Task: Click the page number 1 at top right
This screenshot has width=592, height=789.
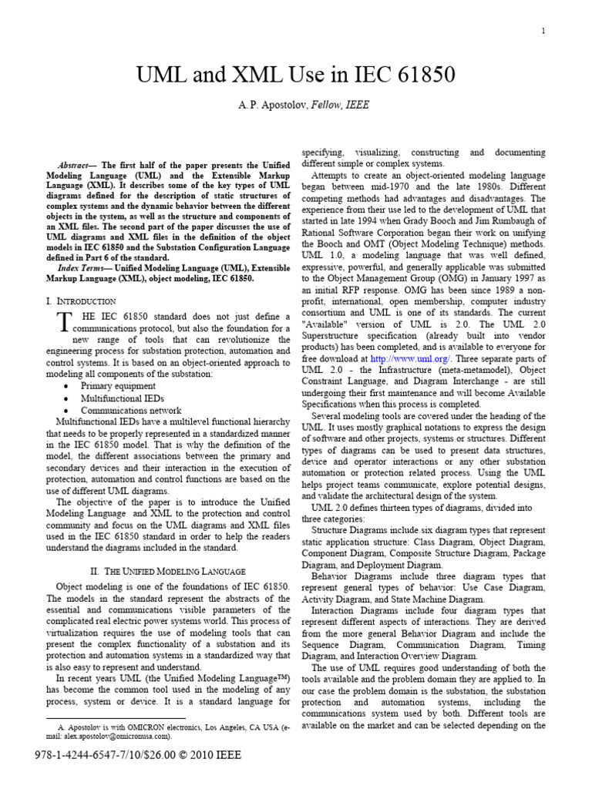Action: pos(544,31)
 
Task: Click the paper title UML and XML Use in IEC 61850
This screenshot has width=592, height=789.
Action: pos(296,76)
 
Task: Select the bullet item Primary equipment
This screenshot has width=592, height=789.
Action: pos(118,385)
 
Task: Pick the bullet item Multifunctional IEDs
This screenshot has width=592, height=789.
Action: pos(121,398)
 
